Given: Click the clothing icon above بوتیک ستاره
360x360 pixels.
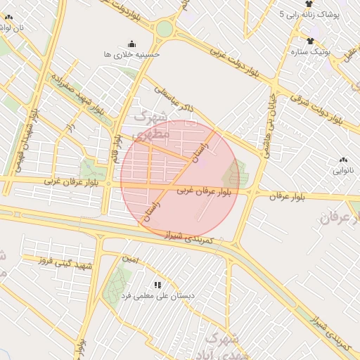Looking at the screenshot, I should point(309,40).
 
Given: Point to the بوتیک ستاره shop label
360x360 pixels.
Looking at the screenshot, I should point(309,51).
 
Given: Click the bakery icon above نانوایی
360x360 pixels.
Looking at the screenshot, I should point(344,160).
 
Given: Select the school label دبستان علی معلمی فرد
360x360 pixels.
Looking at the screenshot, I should point(159,296).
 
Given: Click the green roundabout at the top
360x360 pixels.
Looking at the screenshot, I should point(165,29).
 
